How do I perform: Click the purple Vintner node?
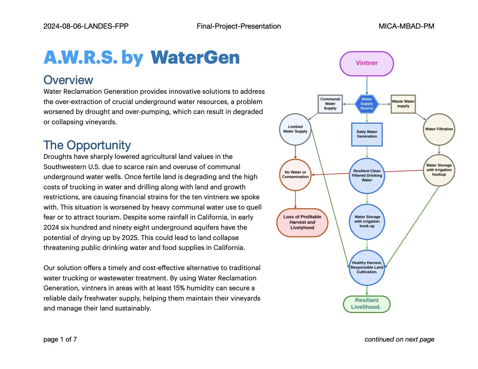coord(367,63)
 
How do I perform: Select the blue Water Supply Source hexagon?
coord(367,104)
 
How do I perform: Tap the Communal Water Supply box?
coord(330,104)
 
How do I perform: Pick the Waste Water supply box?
coord(403,104)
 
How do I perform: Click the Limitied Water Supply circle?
coord(295,129)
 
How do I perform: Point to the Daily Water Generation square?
coord(367,134)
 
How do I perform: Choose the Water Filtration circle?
coord(439,129)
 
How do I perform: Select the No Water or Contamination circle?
coord(295,175)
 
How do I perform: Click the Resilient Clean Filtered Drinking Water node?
coord(367,175)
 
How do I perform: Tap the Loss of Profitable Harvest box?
coord(302,222)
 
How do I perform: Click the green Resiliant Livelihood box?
coord(367,304)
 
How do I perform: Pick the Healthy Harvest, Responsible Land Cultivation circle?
coord(367,267)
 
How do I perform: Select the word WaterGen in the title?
coord(195,58)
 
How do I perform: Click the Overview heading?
coord(68,80)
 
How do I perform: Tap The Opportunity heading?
coord(87,145)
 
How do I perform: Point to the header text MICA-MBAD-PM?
coord(406,26)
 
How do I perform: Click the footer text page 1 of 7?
coord(60,339)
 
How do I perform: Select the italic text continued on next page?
coord(399,339)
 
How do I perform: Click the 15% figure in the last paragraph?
coord(179,288)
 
